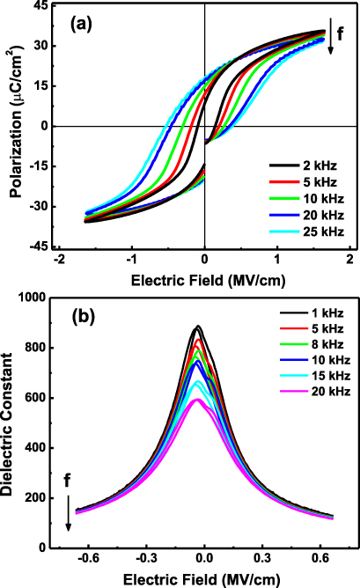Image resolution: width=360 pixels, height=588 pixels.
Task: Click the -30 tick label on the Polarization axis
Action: coord(40,207)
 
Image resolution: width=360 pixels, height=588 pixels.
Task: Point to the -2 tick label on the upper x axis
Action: coord(58,261)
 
